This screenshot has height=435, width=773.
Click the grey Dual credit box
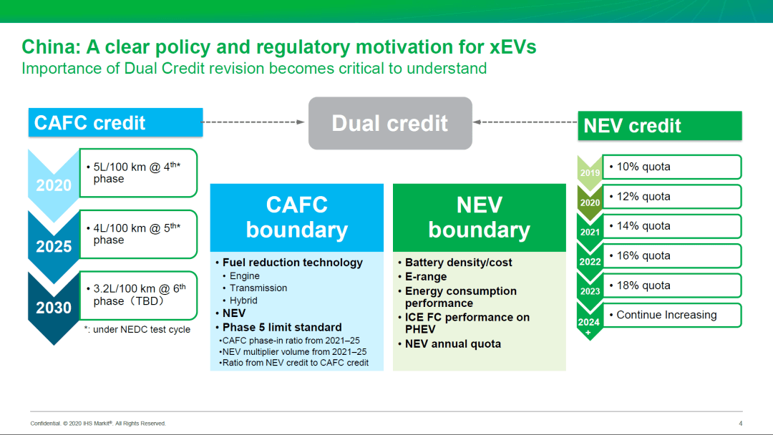click(390, 123)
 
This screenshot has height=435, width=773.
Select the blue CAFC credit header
click(115, 122)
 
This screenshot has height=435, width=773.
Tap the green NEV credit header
click(660, 126)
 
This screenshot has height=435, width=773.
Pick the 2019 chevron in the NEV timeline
click(590, 172)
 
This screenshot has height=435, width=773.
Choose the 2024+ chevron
click(590, 322)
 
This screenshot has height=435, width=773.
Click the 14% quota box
click(672, 226)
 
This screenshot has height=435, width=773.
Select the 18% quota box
click(672, 285)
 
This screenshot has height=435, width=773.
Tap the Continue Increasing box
click(672, 315)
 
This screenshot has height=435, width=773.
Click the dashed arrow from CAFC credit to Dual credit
click(254, 122)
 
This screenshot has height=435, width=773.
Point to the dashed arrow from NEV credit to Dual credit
click(525, 122)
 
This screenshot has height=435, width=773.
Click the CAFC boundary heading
click(297, 217)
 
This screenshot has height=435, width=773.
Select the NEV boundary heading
click(479, 217)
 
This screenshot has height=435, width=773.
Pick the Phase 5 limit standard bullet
click(278, 328)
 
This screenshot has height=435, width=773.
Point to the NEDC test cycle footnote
click(137, 330)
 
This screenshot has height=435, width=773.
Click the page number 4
click(741, 423)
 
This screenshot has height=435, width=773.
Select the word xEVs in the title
click(512, 47)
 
